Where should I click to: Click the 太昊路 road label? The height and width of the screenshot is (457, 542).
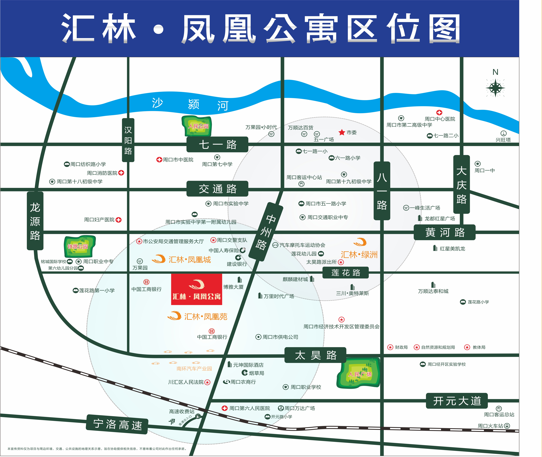click(315, 355)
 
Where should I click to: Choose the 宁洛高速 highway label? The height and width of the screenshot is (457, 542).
click(117, 424)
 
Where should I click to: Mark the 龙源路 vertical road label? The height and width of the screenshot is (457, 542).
click(35, 221)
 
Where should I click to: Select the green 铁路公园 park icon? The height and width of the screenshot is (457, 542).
click(79, 246)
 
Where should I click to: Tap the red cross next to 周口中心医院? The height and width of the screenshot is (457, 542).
click(439, 112)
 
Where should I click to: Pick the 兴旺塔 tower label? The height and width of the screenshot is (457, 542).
click(503, 140)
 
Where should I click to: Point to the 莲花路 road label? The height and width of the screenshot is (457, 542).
click(345, 273)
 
